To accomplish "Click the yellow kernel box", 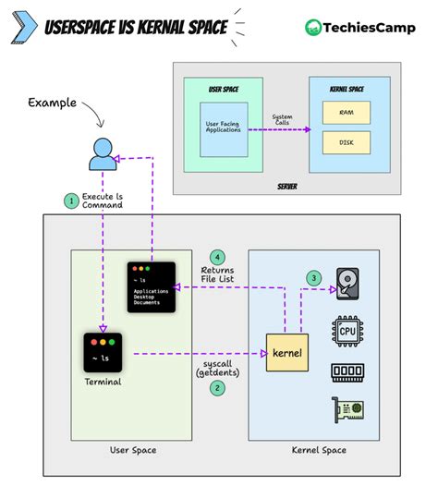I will [286, 352].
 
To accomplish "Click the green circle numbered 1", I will [69, 200].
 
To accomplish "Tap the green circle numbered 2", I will [217, 388].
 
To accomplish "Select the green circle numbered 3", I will [313, 277].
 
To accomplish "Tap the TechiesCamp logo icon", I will [314, 28].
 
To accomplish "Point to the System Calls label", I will [282, 120].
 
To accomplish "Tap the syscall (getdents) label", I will [217, 368].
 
